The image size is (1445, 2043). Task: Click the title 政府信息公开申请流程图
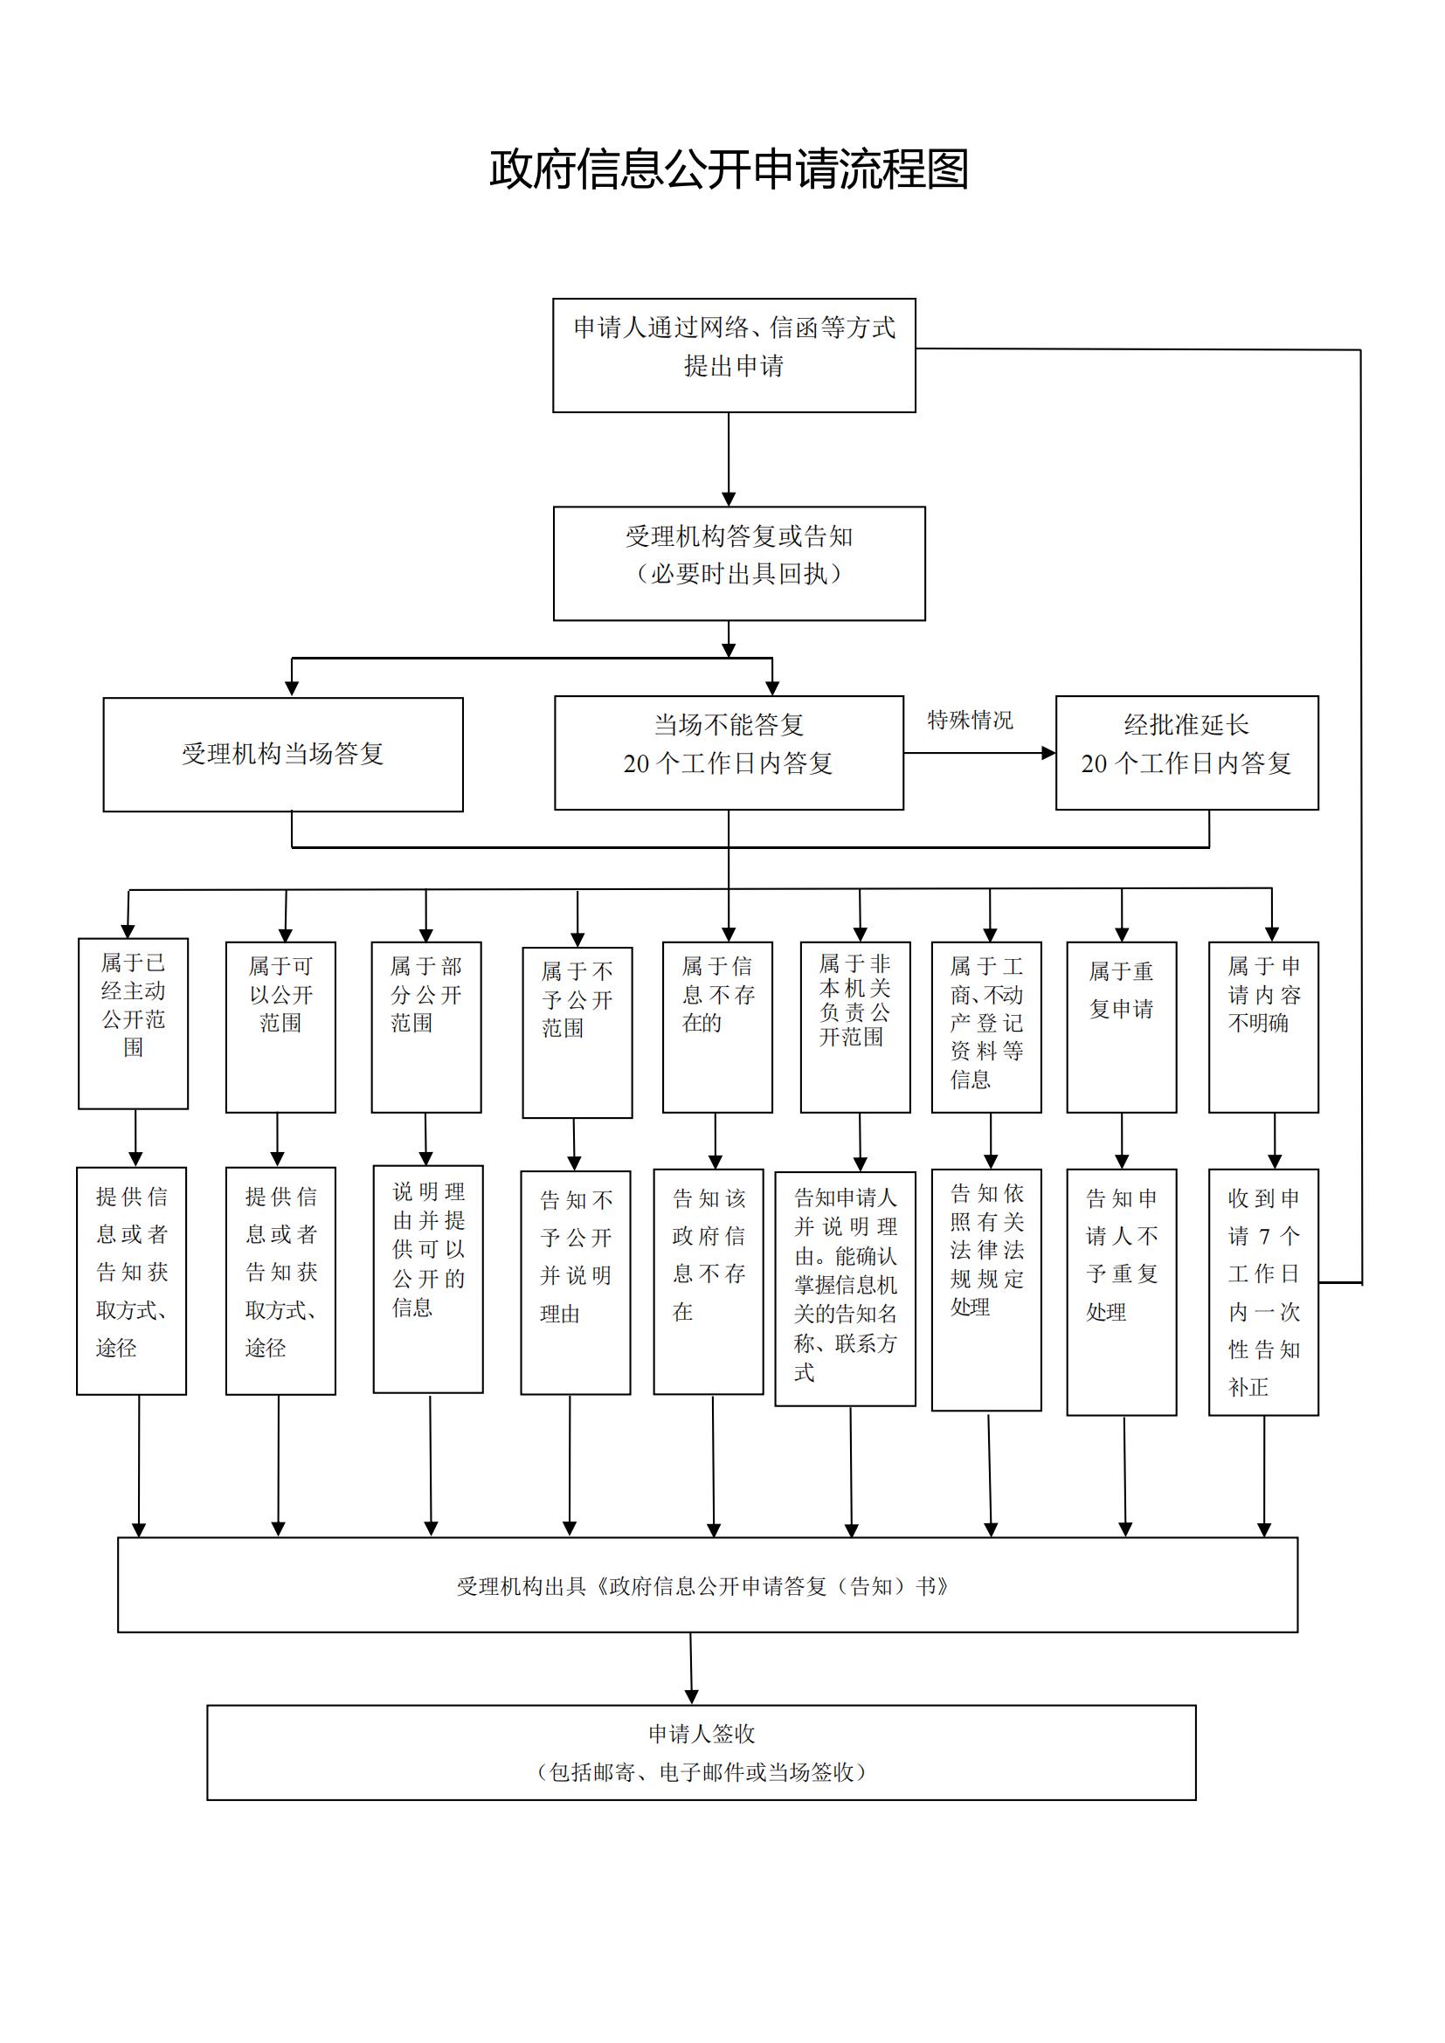[728, 169]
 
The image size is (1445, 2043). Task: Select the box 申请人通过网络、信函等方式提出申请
[734, 355]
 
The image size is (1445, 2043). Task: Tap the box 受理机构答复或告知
[738, 563]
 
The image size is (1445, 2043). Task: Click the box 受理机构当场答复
[283, 755]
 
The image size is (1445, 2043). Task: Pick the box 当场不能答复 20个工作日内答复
[729, 753]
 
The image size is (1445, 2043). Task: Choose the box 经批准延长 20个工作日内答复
[1186, 753]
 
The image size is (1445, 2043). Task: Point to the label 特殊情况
[970, 720]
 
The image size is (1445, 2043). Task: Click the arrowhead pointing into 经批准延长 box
[1049, 753]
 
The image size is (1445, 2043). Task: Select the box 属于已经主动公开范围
[134, 1024]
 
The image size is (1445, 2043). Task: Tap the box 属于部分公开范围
[426, 1027]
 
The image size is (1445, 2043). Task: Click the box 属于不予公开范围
[577, 1032]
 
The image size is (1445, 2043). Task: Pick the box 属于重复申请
[1121, 1027]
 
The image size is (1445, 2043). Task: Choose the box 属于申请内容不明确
[1263, 1027]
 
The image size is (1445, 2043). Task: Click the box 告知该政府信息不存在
[709, 1281]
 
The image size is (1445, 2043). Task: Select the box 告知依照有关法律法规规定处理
[985, 1289]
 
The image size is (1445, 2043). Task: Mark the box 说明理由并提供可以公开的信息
[428, 1279]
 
